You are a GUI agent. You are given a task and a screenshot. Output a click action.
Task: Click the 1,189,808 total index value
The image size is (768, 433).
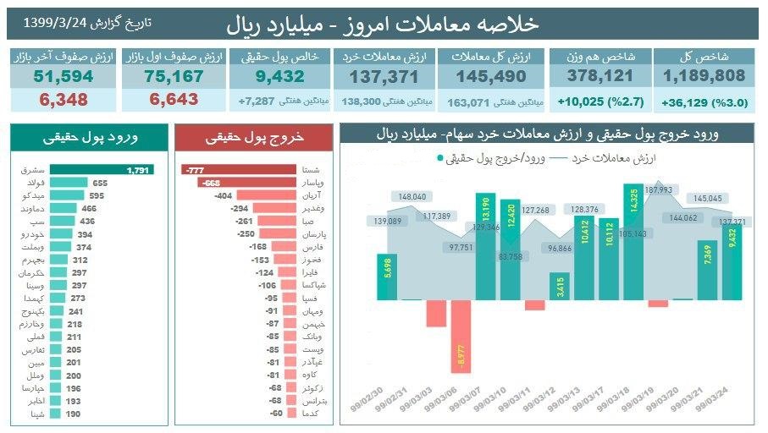coord(704,76)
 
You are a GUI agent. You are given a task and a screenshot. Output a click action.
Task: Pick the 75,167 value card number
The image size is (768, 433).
coord(174,76)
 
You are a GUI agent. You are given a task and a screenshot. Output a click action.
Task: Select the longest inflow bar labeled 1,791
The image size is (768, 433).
coord(101,170)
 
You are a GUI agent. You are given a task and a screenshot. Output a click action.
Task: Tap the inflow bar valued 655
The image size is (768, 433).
coord(69,183)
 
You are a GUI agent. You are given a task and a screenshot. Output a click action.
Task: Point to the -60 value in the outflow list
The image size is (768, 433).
coord(274,414)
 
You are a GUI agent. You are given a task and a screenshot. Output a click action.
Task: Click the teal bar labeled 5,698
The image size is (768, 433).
coord(386,277)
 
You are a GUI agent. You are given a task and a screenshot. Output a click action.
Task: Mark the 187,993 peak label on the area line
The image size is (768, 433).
coord(658,190)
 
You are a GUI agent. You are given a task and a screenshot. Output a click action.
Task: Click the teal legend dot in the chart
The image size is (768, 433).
coord(441,158)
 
